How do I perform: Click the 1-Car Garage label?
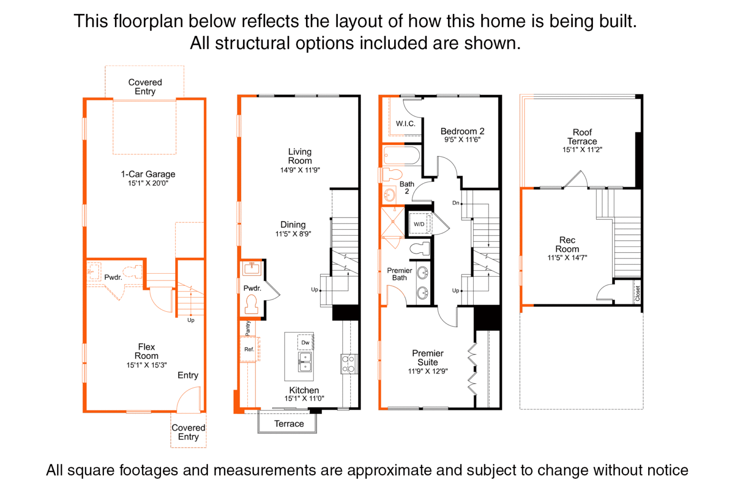point(148,174)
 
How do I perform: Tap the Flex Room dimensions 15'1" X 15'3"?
point(147,365)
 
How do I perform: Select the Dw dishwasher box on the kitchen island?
point(305,342)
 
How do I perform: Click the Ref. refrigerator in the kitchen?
point(250,349)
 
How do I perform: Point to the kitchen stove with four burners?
point(349,364)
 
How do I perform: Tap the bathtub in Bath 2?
point(402,155)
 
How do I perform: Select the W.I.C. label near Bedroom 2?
point(406,123)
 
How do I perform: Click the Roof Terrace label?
point(582,137)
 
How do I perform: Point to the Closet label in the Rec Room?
point(638,293)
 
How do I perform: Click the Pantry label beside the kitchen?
point(248,328)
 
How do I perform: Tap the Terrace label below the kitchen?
point(289,424)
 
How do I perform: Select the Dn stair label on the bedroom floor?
point(456,203)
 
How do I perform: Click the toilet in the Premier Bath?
point(419,248)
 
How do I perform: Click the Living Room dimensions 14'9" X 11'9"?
point(300,170)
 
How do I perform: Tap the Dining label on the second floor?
point(293,225)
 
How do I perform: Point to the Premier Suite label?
point(428,358)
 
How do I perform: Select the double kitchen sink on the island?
point(305,362)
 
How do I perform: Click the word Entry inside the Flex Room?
point(188,375)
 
